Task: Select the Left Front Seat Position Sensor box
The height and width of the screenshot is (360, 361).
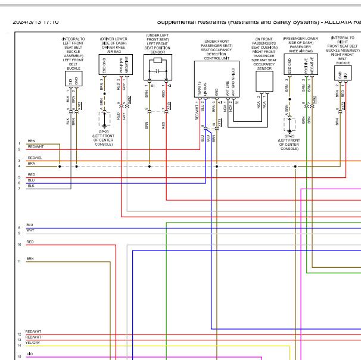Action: point(157,69)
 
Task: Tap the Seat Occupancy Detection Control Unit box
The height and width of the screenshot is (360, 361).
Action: point(216,74)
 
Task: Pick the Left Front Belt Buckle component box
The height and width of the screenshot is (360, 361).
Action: point(73,79)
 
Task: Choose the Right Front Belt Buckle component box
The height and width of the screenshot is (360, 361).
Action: point(343,73)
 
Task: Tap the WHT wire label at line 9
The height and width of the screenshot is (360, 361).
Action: point(30,230)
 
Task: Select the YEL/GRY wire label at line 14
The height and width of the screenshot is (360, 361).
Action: point(33,343)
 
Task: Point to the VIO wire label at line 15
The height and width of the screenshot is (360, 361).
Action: point(30,354)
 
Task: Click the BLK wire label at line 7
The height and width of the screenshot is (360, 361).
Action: point(30,186)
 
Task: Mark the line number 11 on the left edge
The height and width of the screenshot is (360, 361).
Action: point(20,261)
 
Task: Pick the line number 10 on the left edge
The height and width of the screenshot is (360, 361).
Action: point(20,245)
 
